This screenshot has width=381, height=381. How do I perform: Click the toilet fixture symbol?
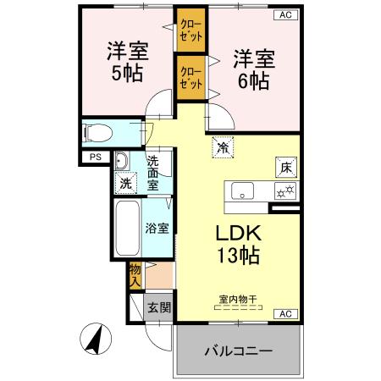pos(97,132)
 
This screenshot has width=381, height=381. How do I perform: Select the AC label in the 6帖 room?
pos(285,15)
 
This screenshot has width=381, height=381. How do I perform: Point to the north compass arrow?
pos(95,340)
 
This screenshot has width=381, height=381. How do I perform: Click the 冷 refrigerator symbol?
pos(222,147)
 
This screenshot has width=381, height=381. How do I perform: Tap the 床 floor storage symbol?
pos(285,168)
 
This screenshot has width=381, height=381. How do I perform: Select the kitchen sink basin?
pos(243,191)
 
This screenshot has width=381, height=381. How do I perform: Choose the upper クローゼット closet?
pos(190,31)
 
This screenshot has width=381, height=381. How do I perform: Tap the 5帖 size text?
pos(127,73)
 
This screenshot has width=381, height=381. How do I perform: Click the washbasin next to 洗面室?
pos(121,162)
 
